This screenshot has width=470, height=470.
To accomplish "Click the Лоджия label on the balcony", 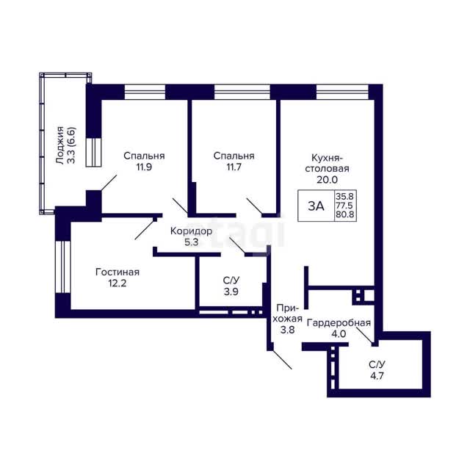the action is [60, 145].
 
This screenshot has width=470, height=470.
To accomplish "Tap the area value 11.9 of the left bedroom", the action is [144, 167].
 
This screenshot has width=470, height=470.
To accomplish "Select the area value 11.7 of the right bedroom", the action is [234, 167].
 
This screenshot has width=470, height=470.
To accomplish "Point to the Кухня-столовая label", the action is [327, 163].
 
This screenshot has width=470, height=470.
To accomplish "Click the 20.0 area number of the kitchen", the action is [327, 179].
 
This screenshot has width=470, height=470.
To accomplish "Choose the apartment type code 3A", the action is [316, 206].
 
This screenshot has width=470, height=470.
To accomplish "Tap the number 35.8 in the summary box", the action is [344, 197].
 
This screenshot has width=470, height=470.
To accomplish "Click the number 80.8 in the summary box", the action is [344, 214].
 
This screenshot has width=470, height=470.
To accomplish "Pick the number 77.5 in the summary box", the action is [344, 206].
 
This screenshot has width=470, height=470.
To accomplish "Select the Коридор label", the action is [191, 231].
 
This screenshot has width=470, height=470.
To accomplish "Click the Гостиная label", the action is [117, 272].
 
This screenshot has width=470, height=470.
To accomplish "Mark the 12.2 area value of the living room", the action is [117, 283].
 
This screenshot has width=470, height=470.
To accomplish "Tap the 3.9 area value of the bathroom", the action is [231, 292].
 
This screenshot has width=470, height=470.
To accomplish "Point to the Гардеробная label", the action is [339, 323].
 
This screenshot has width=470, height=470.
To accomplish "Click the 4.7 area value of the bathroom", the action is [377, 375].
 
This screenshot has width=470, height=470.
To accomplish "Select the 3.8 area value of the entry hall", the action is [287, 330].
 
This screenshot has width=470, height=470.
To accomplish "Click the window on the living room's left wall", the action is [62, 267].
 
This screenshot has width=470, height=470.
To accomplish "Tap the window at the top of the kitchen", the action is [342, 92].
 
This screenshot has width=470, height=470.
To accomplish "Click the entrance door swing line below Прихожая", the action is [282, 359].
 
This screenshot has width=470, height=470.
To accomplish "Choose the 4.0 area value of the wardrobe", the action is [339, 334].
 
